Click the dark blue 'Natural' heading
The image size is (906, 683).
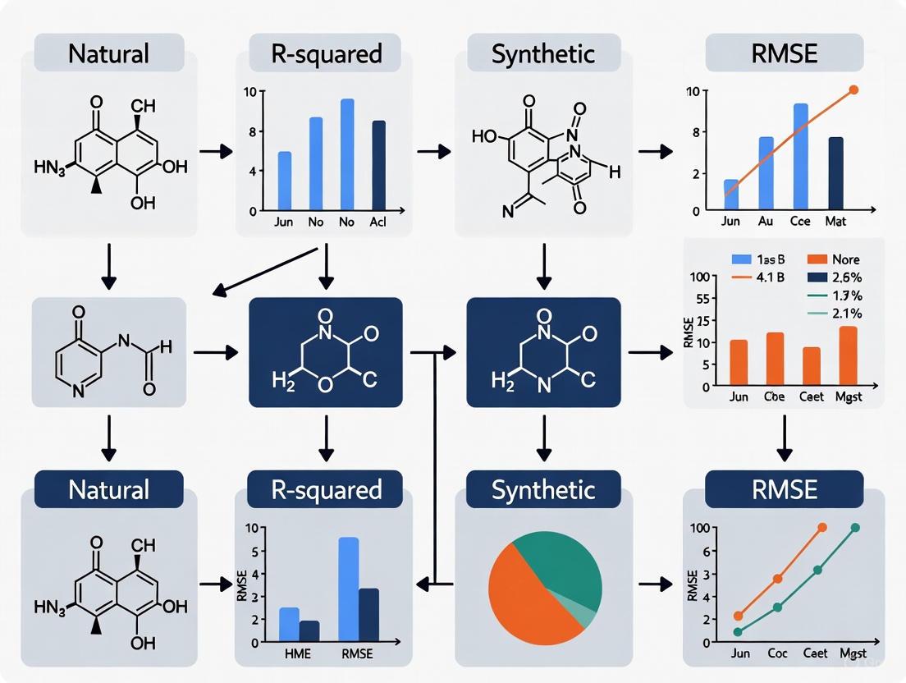tap(108, 490)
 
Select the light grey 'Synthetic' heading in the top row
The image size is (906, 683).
tap(542, 54)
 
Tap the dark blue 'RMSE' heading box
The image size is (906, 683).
tap(784, 490)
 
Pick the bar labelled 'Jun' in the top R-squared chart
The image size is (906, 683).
tap(285, 181)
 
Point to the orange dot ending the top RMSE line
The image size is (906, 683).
tap(853, 89)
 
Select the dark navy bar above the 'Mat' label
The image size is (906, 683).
tap(835, 173)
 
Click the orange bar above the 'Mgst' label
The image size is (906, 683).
tap(849, 356)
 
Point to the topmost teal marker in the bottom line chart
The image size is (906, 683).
tap(855, 528)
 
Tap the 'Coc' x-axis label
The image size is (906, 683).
tap(776, 654)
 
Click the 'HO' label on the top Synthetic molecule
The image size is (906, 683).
tap(484, 135)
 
